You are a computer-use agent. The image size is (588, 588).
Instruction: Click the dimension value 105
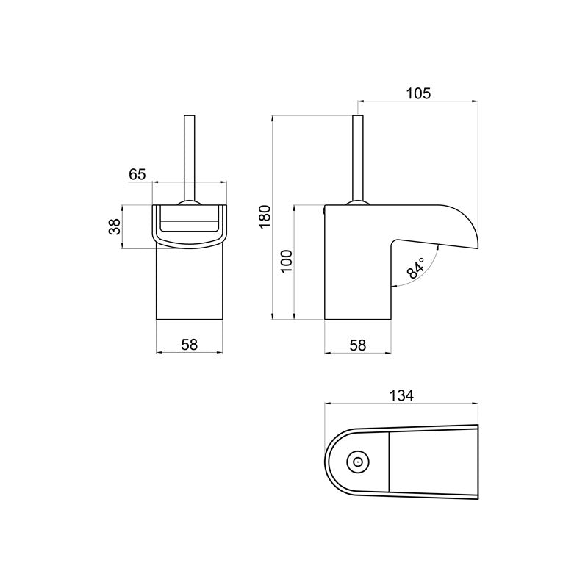(417, 93)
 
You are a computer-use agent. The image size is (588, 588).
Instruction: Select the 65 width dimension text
(137, 174)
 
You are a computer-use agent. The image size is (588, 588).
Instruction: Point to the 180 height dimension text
(265, 218)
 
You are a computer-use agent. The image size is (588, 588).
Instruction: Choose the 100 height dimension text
(287, 261)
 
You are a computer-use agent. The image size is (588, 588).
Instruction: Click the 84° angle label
(416, 270)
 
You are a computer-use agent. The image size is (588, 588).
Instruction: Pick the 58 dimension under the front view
(190, 344)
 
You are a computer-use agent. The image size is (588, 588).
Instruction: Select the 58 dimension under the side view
(357, 344)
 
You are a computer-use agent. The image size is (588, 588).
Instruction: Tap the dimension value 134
(401, 395)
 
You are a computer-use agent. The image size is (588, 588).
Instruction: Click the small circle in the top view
(358, 463)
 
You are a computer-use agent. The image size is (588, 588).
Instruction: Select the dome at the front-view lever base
(189, 204)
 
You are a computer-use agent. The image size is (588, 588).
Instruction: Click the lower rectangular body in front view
(190, 287)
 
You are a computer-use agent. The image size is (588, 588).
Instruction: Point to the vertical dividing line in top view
(389, 463)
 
